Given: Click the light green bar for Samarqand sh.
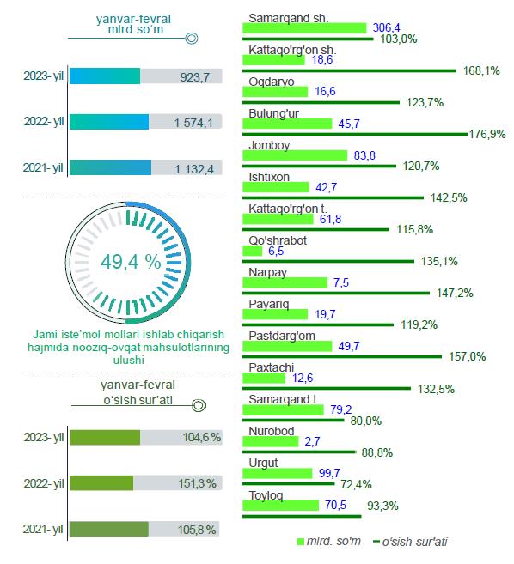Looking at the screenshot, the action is [x=304, y=28].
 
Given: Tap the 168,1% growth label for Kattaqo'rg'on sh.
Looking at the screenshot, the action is [x=481, y=70].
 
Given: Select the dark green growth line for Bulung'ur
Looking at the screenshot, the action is [x=355, y=134].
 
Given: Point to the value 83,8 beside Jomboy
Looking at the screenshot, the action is [x=364, y=155].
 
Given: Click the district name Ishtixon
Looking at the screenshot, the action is [x=269, y=177].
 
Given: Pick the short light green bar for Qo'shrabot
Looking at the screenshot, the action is [x=253, y=251].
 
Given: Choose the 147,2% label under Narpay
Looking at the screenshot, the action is [x=455, y=293].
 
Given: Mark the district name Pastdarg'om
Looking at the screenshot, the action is [x=282, y=336].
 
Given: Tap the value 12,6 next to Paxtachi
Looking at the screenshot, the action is [x=303, y=378].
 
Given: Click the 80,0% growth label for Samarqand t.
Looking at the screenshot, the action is [x=366, y=421].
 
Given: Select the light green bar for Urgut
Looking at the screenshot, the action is [x=278, y=473].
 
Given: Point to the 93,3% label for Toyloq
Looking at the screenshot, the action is [x=382, y=506].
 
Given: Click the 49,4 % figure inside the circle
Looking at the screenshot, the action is [x=131, y=262].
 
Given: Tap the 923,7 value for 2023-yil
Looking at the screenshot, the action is [x=195, y=77].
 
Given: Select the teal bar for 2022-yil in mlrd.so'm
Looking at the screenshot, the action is [x=109, y=122].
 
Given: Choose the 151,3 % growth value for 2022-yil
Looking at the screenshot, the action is [x=198, y=483].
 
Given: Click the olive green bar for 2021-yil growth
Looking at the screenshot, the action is [x=109, y=529].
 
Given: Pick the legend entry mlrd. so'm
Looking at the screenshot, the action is [x=329, y=542].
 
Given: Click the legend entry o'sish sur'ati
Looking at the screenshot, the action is [x=410, y=542].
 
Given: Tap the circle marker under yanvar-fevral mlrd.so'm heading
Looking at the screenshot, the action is [x=192, y=38].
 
